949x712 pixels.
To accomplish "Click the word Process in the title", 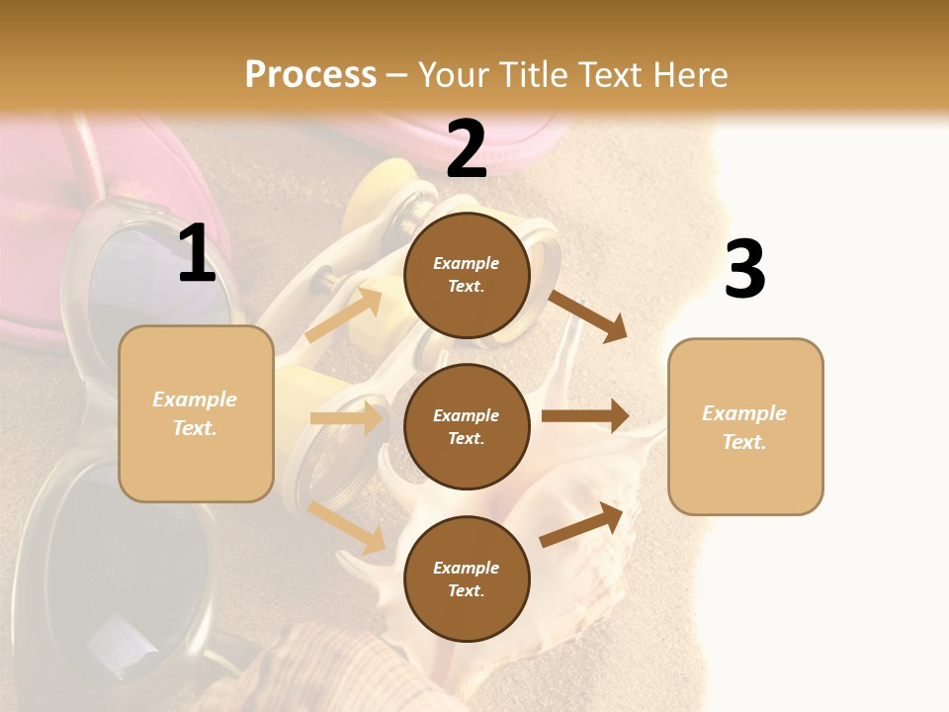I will coord(310,74).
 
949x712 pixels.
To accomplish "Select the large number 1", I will coord(197,254).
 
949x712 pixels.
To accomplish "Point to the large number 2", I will coord(467,149).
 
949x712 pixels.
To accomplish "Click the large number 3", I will coord(744,270).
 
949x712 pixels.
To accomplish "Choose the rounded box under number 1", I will coord(196,413).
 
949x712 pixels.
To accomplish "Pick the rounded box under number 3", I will coord(745,426).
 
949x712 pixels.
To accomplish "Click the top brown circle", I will coord(467,275).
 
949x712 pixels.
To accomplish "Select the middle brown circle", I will coord(467,426).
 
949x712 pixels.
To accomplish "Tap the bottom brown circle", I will coord(467,578).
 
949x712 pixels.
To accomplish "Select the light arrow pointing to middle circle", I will coord(346,418).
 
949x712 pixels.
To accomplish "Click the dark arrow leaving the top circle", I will coord(587,315).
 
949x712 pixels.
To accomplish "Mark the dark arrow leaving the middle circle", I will coord(585,416).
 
